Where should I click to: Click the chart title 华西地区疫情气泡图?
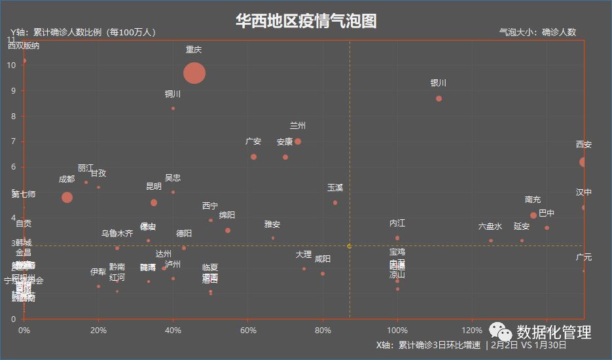tap(306, 21)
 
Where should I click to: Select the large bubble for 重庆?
tap(194, 73)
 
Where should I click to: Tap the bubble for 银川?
tap(439, 98)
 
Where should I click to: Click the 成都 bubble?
tap(67, 197)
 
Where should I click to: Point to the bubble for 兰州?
tap(298, 141)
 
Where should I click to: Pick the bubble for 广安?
tap(253, 156)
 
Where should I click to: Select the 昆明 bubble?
tap(154, 203)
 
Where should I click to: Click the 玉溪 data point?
tap(335, 203)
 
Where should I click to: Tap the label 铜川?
tap(173, 94)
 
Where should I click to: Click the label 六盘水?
tap(490, 226)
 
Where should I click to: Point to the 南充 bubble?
tap(533, 215)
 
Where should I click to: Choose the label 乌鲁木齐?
tap(117, 233)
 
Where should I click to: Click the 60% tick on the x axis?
tap(247, 329)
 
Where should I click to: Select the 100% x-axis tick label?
tap(397, 329)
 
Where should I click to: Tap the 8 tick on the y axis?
tap(13, 116)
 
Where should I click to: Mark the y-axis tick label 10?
tap(12, 65)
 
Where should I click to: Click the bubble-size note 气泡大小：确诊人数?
tap(537, 32)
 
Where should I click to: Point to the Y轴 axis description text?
tap(82, 32)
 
